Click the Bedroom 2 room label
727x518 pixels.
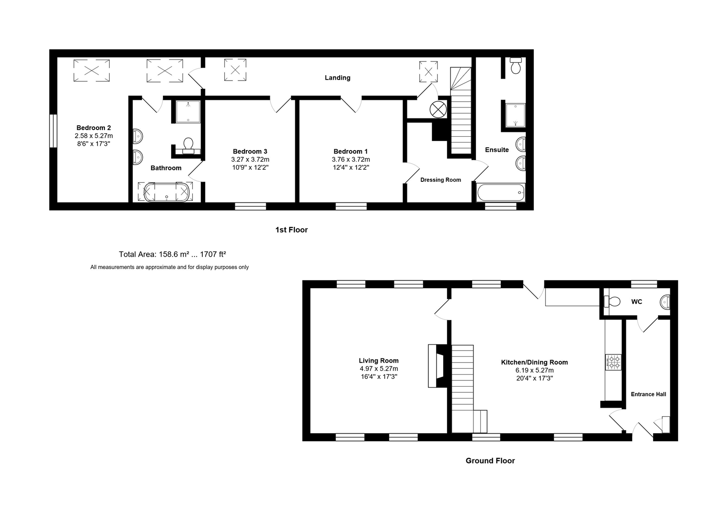[x=93, y=128]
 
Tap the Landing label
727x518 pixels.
[x=337, y=78]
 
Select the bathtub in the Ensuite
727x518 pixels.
[x=501, y=192]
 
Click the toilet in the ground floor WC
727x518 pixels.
[x=611, y=302]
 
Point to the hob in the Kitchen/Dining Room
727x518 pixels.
[x=613, y=362]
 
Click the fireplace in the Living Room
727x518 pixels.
[x=437, y=366]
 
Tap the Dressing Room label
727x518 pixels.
[x=440, y=180]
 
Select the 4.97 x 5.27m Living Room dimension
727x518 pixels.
[x=379, y=369]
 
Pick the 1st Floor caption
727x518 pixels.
[x=291, y=230]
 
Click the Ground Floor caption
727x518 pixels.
[x=490, y=461]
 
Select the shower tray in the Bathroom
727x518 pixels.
[x=187, y=111]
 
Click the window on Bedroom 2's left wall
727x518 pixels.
[x=53, y=130]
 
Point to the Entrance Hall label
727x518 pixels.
[x=648, y=394]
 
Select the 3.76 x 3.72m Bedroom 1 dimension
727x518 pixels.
[x=351, y=159]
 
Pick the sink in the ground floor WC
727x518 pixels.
[x=666, y=302]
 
